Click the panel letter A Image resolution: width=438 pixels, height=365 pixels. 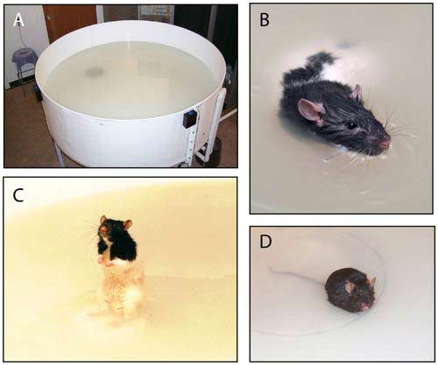(x=18, y=20)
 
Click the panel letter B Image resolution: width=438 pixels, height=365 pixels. (x=265, y=20)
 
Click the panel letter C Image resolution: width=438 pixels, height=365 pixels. (x=18, y=195)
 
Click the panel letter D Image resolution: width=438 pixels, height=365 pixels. (x=265, y=242)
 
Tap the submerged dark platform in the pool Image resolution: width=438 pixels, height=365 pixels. (x=94, y=71)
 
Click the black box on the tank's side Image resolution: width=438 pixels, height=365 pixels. (x=189, y=118)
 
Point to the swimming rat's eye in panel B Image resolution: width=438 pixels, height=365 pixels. (x=352, y=125)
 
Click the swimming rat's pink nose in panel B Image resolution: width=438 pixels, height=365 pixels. (x=385, y=143)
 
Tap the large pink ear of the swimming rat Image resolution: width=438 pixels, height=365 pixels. (x=310, y=111)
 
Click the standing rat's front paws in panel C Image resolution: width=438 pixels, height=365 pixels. (x=105, y=261)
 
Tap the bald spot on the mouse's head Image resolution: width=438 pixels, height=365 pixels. (x=350, y=287)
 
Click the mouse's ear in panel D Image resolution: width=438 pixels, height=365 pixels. (x=372, y=282)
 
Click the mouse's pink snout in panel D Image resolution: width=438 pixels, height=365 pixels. (x=364, y=306)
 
